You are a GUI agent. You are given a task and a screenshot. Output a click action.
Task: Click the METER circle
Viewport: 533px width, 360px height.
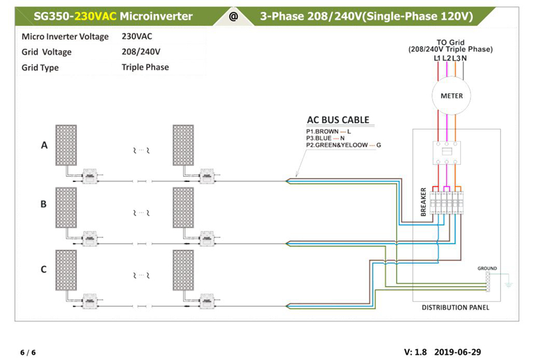point(451,95)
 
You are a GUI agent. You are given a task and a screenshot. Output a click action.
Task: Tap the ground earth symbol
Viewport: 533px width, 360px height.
point(508,283)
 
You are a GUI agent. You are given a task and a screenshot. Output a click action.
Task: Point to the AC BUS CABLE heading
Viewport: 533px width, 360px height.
point(337,121)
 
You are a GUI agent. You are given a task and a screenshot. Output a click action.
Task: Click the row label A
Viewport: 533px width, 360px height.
point(45,146)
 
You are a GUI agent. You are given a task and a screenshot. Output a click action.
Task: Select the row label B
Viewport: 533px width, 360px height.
point(44,205)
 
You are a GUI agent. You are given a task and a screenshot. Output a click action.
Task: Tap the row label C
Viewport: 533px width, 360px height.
point(44,269)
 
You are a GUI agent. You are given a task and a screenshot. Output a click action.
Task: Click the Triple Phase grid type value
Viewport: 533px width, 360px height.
point(145,67)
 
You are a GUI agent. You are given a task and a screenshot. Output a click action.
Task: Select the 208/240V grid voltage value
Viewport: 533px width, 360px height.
point(141,52)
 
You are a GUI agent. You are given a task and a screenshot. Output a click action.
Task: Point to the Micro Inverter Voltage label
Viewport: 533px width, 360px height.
point(65,37)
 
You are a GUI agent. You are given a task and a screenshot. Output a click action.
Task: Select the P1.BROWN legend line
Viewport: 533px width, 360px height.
point(328,131)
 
